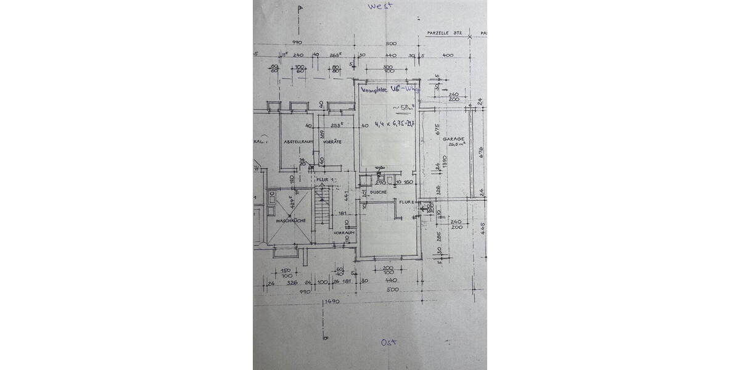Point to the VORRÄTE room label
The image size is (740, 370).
tap(332, 141)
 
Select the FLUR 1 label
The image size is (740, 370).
tap(324, 180)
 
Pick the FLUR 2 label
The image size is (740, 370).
tap(406, 202)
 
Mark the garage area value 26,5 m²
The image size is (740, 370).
tap(456, 146)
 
